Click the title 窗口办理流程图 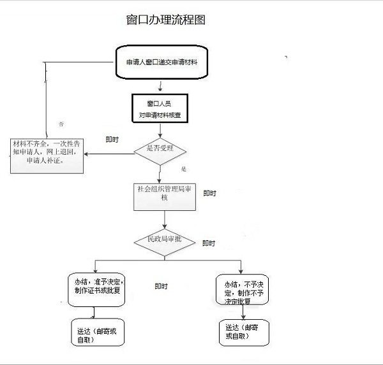tap(166, 20)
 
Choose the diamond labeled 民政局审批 tap(165, 240)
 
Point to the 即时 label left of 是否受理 tap(112, 140)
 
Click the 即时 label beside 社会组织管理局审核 tap(210, 193)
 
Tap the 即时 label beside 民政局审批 tap(209, 243)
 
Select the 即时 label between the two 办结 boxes tap(161, 287)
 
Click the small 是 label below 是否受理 tap(183, 169)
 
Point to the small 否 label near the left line tap(61, 122)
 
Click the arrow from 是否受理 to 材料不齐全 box tap(109, 153)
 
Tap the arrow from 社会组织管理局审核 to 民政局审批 tap(165, 220)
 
